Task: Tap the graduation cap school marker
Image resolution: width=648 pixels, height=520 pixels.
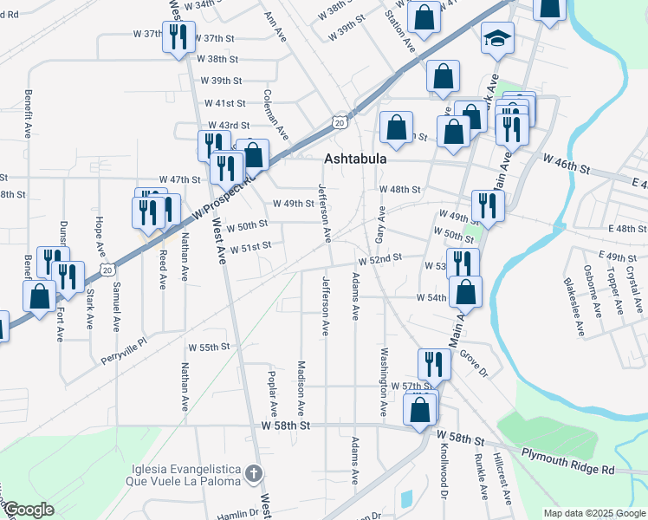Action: coord(499,38)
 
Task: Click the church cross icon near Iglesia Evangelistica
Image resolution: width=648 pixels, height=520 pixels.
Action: coord(252,473)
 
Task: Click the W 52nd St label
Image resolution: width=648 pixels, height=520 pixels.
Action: coord(381,258)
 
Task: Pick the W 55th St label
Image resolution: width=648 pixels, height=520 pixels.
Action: coord(209,347)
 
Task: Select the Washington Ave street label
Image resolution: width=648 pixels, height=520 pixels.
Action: coord(381,380)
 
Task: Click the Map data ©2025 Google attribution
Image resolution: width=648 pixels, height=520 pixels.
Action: coord(593,513)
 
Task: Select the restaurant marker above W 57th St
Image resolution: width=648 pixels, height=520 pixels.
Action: coord(433,365)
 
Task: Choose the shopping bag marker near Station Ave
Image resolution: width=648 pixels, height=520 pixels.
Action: coord(424,17)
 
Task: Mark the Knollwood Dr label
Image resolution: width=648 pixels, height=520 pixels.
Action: coord(442,476)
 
